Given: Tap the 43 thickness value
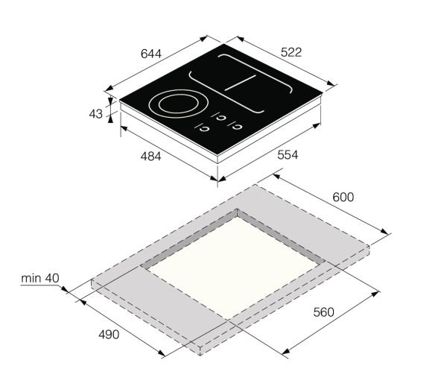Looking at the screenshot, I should coord(95,114).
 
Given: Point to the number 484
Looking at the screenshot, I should coord(151,157).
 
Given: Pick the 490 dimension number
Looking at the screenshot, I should coord(109,333).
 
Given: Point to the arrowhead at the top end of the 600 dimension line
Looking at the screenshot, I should coord(276,177).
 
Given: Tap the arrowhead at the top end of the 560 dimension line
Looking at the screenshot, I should coord(376,294).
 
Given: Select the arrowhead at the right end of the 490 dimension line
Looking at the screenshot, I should coord(164,356).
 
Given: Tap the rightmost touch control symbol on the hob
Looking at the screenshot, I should coord(239,125).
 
